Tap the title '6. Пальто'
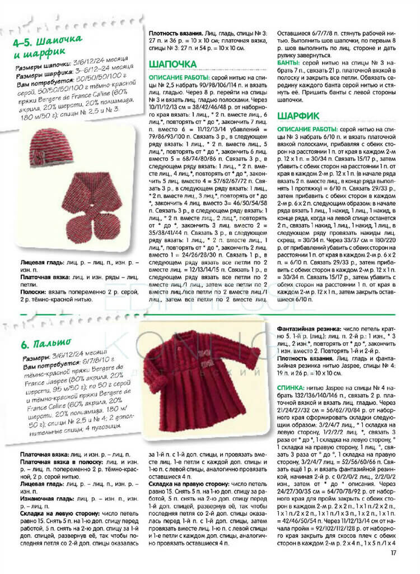pyautogui.click(x=48, y=341)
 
